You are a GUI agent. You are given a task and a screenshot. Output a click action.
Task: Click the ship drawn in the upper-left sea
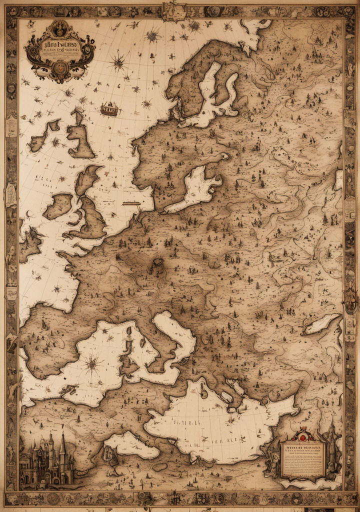(109, 108)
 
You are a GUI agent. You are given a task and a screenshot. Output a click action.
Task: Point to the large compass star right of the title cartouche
(118, 62)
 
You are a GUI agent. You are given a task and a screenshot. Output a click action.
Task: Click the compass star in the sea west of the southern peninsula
(92, 364)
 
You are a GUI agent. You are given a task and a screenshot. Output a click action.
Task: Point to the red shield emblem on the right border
(350, 300)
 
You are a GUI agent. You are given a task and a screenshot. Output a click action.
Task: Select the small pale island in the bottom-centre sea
(109, 453)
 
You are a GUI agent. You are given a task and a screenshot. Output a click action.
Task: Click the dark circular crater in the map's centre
(158, 263)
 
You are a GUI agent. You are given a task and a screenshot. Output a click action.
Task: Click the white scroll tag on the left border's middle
(10, 195)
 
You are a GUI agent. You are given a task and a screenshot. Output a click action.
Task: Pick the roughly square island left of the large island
(58, 206)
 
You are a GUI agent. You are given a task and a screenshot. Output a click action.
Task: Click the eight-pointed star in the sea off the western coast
(56, 288)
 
